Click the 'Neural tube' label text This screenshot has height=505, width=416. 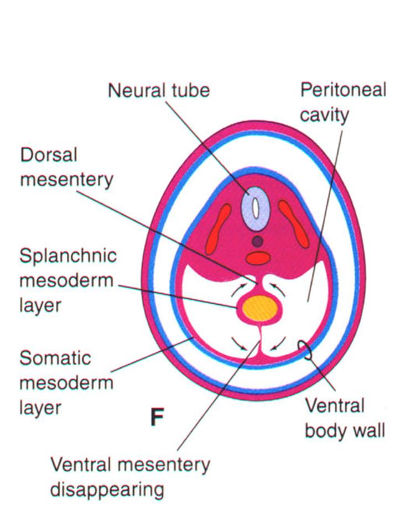point(159,90)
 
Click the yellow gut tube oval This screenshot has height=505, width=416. point(259,308)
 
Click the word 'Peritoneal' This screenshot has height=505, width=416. point(343,90)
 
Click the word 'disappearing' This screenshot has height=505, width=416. point(107,490)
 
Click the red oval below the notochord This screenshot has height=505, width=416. point(258,258)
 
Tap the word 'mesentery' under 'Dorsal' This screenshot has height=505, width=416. point(66,180)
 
